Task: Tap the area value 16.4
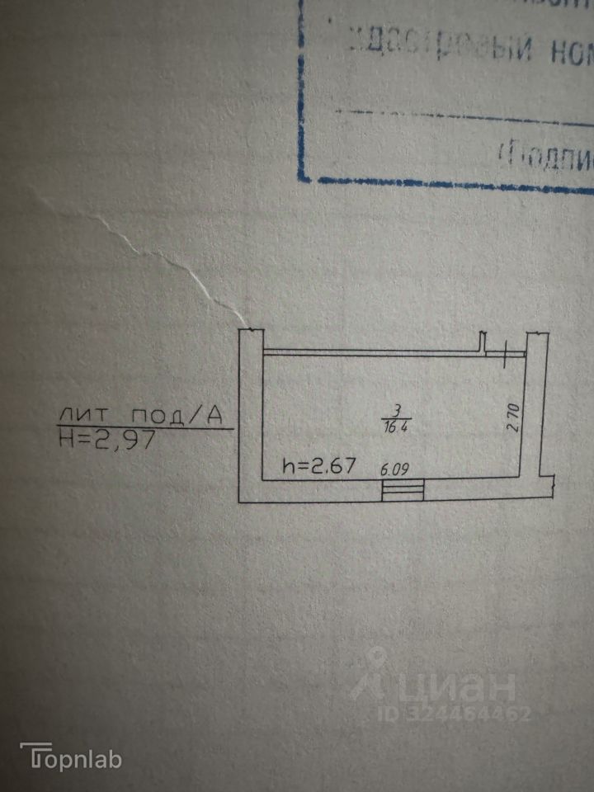[x=397, y=427]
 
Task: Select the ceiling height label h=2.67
[x=318, y=465]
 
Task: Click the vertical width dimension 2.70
[x=511, y=417]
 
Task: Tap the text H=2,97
[x=107, y=440]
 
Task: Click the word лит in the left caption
[x=82, y=416]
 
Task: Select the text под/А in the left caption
[x=178, y=416]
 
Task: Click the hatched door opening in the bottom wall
[x=403, y=490]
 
